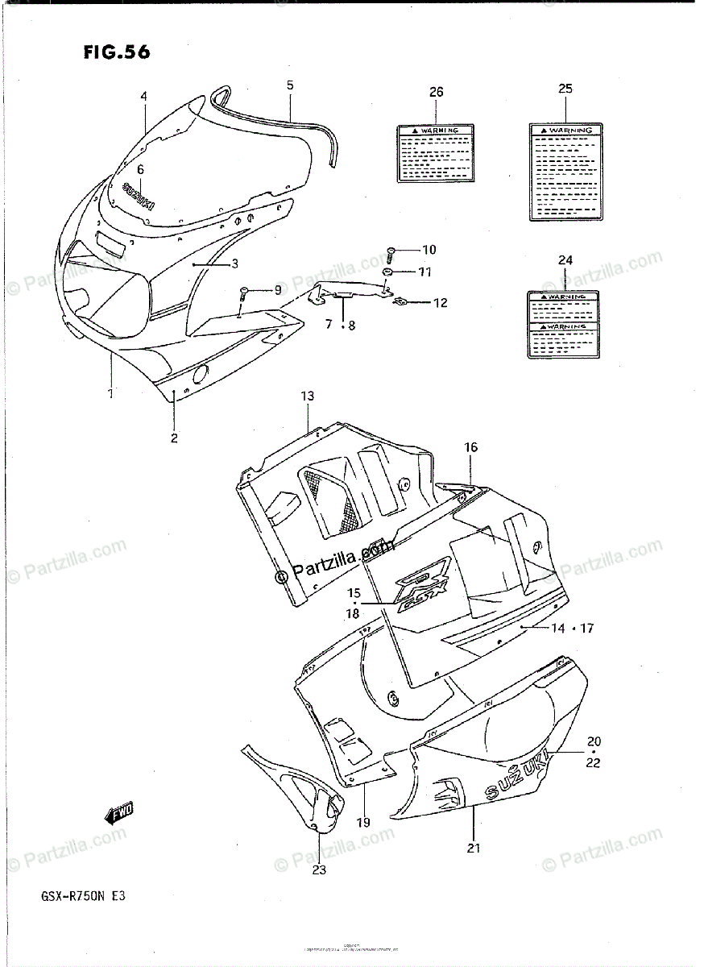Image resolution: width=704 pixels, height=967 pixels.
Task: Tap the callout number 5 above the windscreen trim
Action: tap(290, 85)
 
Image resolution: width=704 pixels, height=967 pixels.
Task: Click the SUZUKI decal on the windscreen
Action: tap(138, 195)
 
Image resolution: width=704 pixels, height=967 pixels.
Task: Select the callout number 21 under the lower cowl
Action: tap(473, 846)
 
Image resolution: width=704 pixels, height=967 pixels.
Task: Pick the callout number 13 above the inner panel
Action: tap(308, 396)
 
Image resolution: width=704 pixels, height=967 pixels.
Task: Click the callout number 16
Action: tap(470, 447)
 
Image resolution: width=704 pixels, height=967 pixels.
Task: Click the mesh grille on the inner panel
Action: tap(329, 501)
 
